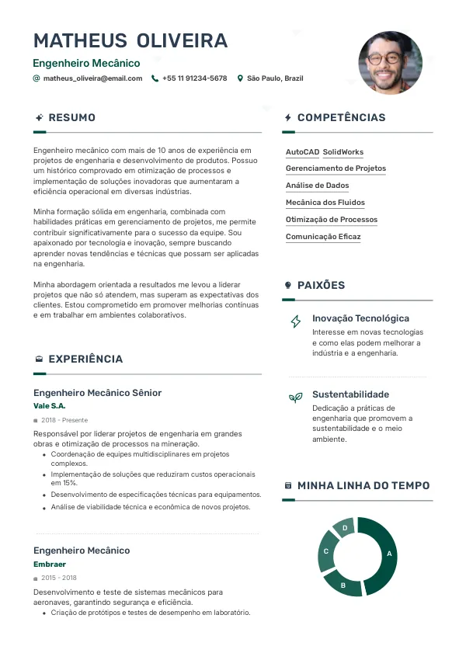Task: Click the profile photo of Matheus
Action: (390, 63)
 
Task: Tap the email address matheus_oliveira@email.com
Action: (92, 78)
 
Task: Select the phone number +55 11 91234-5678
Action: (194, 78)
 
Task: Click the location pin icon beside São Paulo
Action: (241, 78)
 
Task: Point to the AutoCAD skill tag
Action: (302, 152)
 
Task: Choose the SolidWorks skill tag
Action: (343, 152)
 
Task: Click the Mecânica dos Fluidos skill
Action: (325, 203)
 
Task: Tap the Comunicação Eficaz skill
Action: (323, 237)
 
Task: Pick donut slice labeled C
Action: (327, 552)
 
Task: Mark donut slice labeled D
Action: (344, 529)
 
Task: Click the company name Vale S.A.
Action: (50, 406)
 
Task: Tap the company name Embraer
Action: (50, 564)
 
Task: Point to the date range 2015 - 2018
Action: (59, 578)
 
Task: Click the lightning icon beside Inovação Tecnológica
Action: (295, 321)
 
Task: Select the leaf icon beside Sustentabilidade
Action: (295, 398)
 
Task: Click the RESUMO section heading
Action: (71, 118)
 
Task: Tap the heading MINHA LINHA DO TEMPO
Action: (363, 486)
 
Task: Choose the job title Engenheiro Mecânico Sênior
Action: (98, 393)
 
